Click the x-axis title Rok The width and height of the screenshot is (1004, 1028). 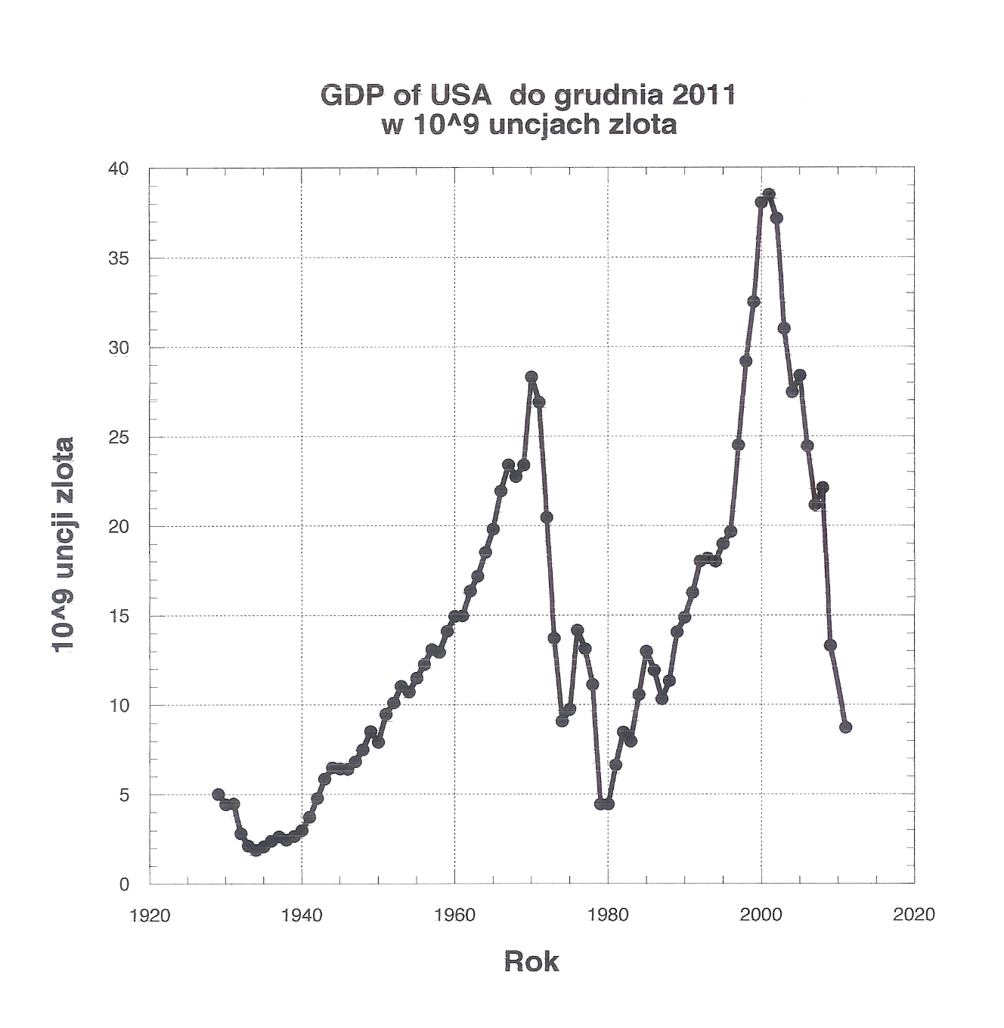coord(531,961)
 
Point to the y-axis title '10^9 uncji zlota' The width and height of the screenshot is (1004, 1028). coord(64,543)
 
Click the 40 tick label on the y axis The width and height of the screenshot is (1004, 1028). coord(119,169)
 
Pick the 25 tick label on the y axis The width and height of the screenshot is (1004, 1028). coord(119,437)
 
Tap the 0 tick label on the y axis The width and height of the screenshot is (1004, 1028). coord(125,884)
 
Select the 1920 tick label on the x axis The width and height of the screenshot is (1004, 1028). coord(150,915)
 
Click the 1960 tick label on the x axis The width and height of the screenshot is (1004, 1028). coord(455,915)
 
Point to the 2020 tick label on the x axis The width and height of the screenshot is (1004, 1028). coord(914,915)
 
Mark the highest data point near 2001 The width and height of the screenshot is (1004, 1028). coord(769,194)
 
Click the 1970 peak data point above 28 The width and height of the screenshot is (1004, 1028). coord(531,376)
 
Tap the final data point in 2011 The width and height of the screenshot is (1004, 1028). coord(845,727)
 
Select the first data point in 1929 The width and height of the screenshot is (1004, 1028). coord(218,794)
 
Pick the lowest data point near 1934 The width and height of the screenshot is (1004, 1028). coord(256,850)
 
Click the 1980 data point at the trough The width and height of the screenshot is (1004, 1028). coord(609,804)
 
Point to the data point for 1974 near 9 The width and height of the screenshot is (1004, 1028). coord(562,720)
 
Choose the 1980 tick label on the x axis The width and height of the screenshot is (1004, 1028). coord(609,915)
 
